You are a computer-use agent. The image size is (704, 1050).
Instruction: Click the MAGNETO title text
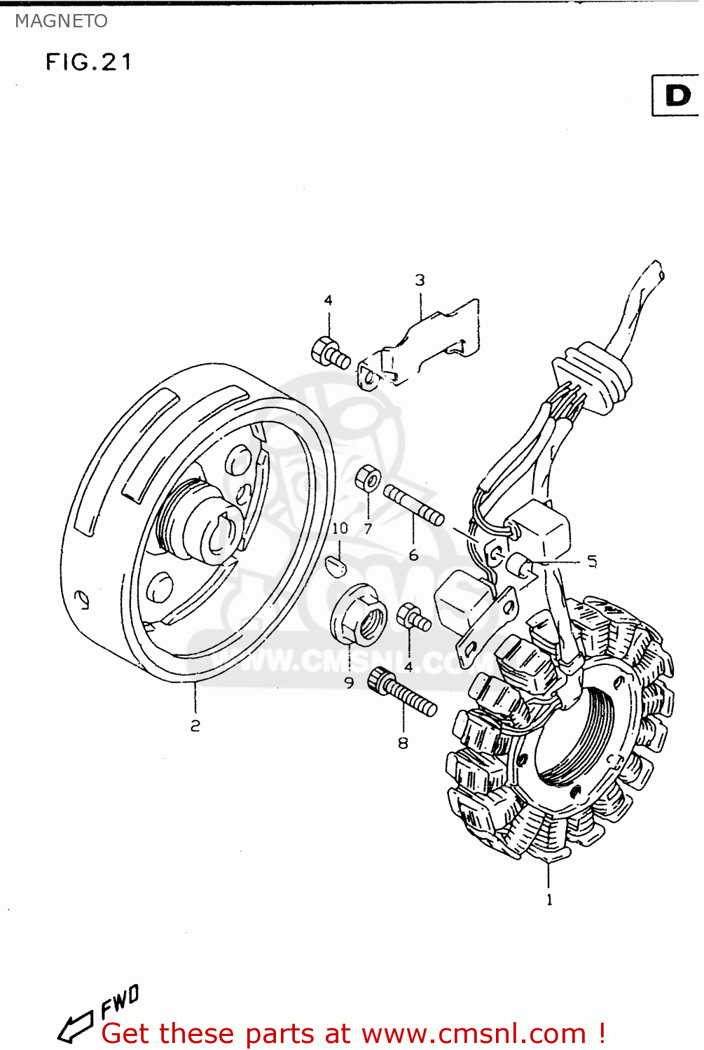61,21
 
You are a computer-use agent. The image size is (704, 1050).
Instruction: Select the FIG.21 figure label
88,62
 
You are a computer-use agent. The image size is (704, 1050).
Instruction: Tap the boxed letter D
677,95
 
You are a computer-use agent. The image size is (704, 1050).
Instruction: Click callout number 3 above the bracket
420,280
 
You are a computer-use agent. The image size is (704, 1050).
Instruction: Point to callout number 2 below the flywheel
195,726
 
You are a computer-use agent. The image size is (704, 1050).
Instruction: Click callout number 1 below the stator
549,899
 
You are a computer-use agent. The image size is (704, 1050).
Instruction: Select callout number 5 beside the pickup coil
592,561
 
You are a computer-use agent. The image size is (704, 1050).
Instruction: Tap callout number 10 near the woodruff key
340,528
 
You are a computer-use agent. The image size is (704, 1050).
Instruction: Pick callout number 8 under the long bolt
403,743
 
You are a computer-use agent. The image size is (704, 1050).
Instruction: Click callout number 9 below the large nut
349,682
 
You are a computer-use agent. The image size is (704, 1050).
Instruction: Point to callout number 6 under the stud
413,555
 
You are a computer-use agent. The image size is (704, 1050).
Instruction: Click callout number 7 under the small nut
368,529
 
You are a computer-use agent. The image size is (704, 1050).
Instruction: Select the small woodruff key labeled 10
337,566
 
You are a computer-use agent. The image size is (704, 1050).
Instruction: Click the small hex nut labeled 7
368,479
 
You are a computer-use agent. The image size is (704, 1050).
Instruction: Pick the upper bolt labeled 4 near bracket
329,352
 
